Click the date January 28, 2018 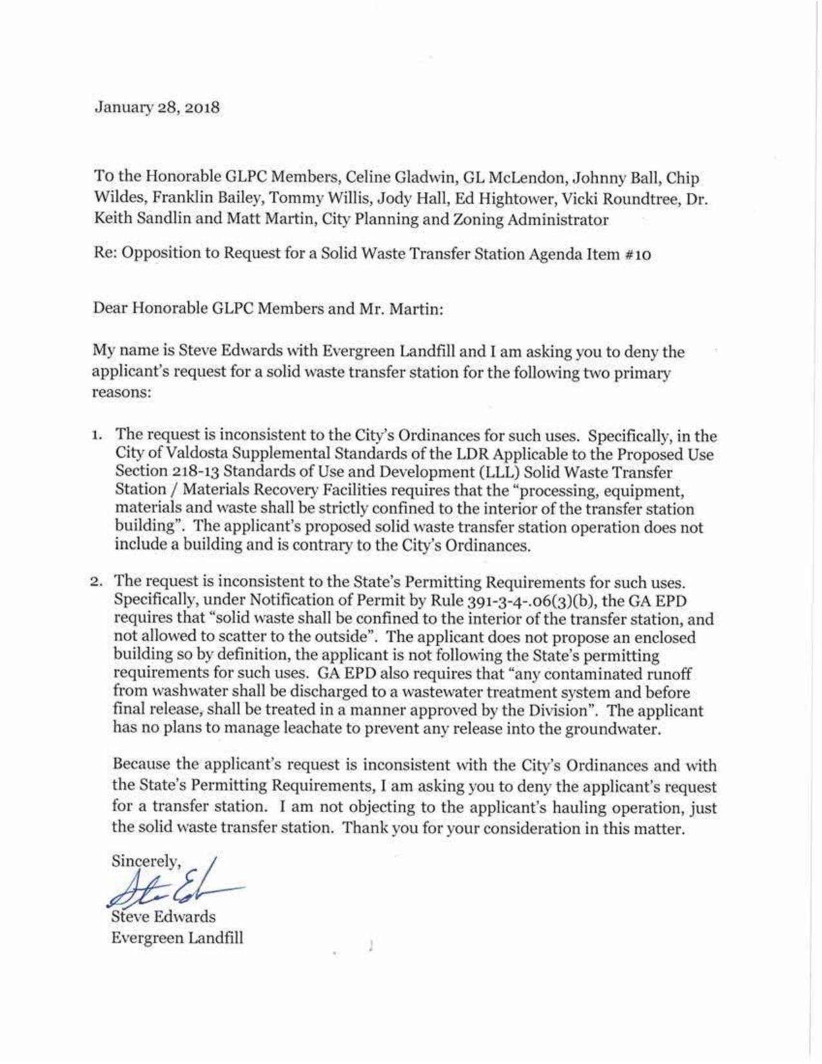point(157,107)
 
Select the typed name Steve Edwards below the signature point(164,916)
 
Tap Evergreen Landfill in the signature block point(177,938)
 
